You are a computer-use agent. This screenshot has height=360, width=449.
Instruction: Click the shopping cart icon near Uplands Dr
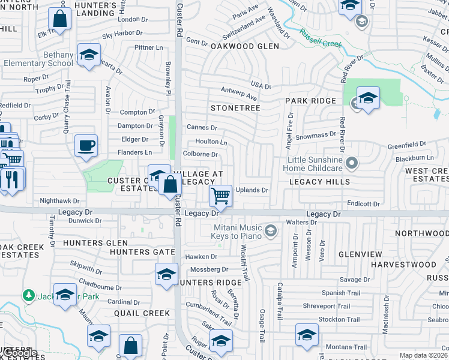[x=221, y=196]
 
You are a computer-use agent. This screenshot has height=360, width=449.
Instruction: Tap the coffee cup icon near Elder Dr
[x=86, y=145]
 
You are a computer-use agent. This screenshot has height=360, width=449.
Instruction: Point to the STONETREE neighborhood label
[x=235, y=108]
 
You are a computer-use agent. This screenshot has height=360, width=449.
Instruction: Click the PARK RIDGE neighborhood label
[x=310, y=101]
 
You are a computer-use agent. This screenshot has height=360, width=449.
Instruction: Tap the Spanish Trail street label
[x=342, y=293]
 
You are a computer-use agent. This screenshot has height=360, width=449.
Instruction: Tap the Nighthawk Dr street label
[x=59, y=201]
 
